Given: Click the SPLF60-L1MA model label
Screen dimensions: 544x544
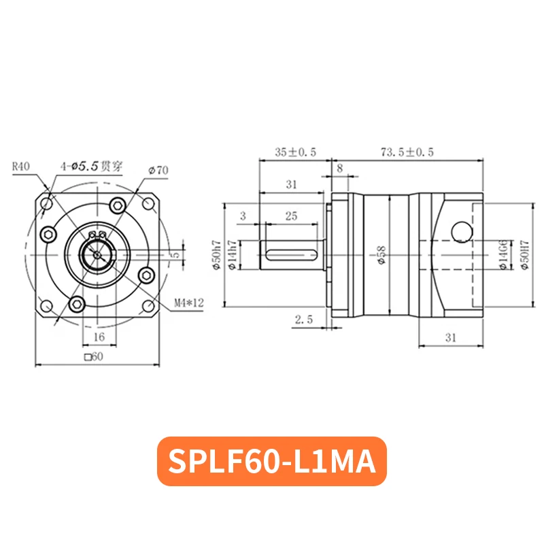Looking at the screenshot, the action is (x=272, y=461).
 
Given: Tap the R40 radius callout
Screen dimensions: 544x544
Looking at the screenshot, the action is (x=21, y=167).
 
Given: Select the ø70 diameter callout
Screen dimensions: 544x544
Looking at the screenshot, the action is (x=158, y=171).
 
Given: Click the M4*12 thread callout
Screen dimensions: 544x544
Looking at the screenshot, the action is (x=189, y=303).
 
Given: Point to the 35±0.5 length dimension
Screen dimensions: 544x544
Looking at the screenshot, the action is (x=296, y=152).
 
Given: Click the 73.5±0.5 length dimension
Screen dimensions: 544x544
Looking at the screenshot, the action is (x=407, y=152).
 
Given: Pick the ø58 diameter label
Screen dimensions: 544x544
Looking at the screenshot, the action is (x=381, y=256).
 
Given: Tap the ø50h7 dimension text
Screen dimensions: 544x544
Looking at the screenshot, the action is (x=217, y=255).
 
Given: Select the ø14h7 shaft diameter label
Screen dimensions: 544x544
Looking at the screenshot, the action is (x=232, y=255).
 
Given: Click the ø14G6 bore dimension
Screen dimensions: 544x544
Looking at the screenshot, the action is (x=503, y=254).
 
